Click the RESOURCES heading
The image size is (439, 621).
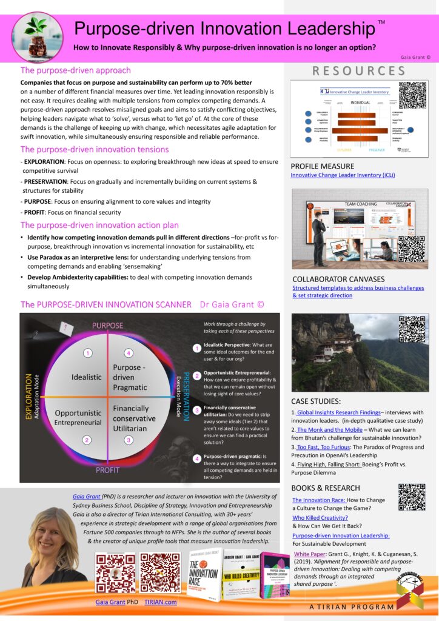pyautogui.click(x=359, y=71)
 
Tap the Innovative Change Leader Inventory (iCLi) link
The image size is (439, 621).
pyautogui.click(x=343, y=175)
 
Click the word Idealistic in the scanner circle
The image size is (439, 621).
pyautogui.click(x=87, y=377)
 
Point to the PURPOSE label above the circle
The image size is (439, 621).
pyautogui.click(x=107, y=326)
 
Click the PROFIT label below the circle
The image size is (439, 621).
pyautogui.click(x=107, y=469)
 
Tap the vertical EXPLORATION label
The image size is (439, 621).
pyautogui.click(x=28, y=397)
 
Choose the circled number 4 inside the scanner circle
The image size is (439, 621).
pyautogui.click(x=128, y=352)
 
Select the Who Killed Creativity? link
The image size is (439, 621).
pyautogui.click(x=320, y=518)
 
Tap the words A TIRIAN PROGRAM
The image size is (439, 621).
pyautogui.click(x=343, y=606)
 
